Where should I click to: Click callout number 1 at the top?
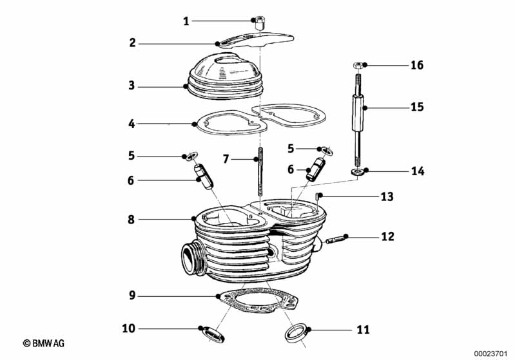tap(186, 21)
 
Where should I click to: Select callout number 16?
tap(417, 65)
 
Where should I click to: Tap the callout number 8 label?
tap(131, 219)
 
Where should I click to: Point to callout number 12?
tap(387, 236)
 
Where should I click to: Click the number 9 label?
tap(131, 296)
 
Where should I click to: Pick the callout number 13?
tap(387, 196)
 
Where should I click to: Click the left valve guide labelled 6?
tap(203, 175)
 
